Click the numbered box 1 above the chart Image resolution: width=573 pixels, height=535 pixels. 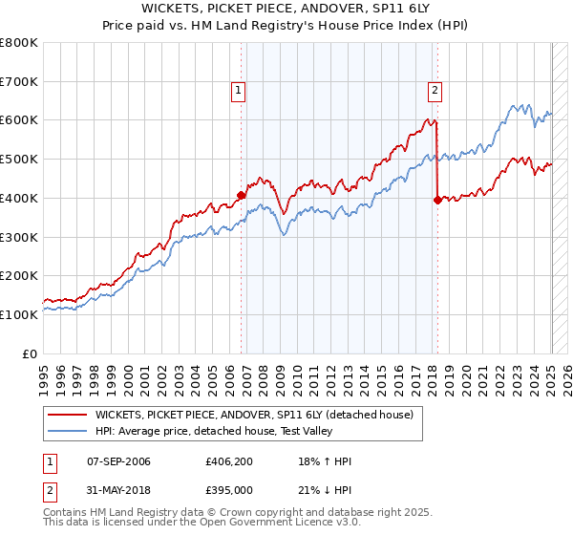pos(238,92)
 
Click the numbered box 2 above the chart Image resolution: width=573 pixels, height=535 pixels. pos(435,92)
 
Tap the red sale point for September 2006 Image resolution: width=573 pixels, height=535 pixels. pos(242,196)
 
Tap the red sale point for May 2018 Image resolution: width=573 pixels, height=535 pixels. pos(437,200)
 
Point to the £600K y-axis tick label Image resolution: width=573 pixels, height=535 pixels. pos(19,120)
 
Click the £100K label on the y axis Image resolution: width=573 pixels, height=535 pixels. pos(19,314)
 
